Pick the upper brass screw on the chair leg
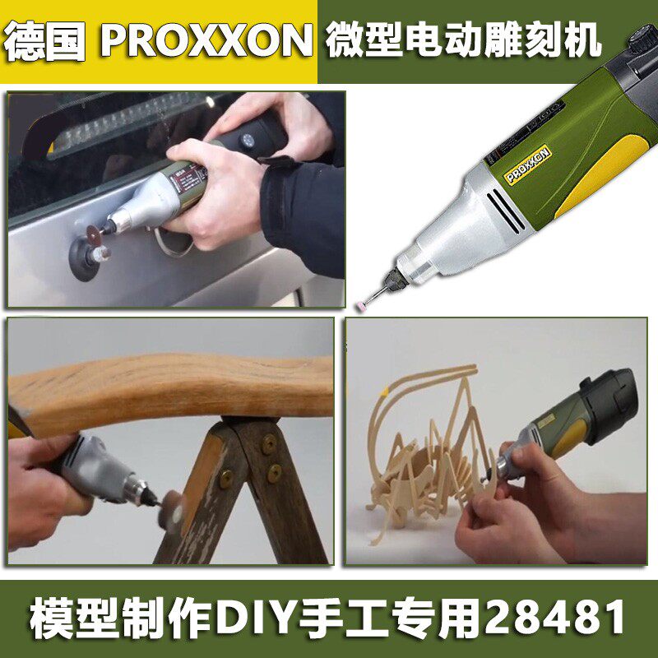(268, 443)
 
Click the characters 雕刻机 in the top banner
(543, 41)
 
